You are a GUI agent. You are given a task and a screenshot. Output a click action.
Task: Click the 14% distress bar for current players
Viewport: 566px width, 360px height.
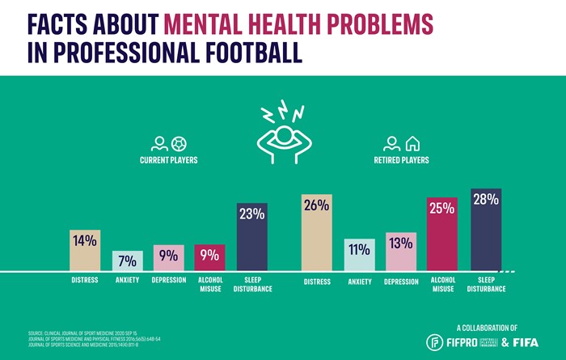coord(85,250)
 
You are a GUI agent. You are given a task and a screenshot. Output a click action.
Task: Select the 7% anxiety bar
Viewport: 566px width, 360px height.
coord(127,260)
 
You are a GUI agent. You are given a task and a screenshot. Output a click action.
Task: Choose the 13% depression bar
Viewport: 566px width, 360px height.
coord(400,252)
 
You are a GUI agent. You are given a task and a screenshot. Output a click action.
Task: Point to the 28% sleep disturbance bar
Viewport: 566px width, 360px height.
coord(486,230)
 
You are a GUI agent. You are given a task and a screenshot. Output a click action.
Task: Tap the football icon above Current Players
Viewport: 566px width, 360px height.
coord(179,144)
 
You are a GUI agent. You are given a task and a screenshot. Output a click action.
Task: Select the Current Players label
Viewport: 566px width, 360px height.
coord(168,160)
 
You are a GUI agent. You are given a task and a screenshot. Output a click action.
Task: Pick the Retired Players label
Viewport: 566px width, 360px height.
coord(401,160)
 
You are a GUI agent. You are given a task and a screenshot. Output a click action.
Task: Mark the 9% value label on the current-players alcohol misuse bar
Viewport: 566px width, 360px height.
coord(209,256)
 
